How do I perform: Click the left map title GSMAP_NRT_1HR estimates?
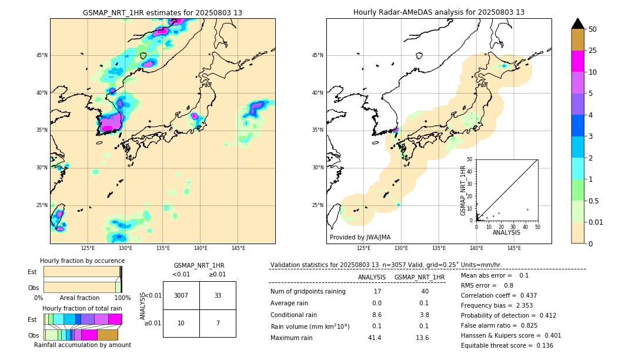coord(162,12)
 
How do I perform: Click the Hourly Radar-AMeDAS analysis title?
coord(439,12)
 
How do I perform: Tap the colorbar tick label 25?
coord(593,51)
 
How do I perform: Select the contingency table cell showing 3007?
coord(181,295)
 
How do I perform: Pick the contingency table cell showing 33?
coord(218,295)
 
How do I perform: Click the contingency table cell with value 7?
coord(218,323)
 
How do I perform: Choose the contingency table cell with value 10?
coord(181,323)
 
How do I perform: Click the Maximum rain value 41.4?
coord(375,338)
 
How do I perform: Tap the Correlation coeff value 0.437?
coord(524,295)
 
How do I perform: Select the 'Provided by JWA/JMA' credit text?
coord(360,237)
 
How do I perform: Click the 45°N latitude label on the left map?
coord(42,55)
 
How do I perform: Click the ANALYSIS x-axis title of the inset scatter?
coord(506,232)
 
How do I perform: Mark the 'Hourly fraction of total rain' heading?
coord(82,308)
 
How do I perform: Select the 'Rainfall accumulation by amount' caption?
coord(82,345)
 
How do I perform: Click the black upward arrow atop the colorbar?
coord(578,24)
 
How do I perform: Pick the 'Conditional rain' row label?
coord(295,315)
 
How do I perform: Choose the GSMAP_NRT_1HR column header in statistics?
coord(419,277)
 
